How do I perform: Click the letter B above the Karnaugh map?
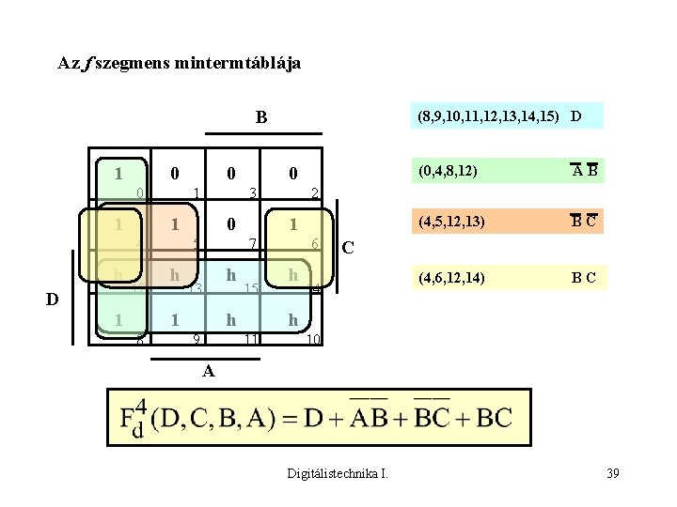(261, 118)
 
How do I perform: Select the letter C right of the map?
(349, 249)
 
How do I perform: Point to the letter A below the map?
(209, 370)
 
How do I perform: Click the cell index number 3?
(253, 193)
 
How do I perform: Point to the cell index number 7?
(253, 244)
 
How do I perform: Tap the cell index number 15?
(251, 288)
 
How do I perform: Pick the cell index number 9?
(196, 337)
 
